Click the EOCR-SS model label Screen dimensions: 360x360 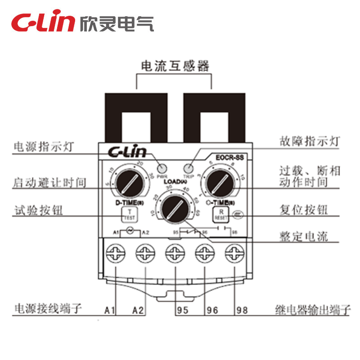(x=229, y=158)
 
